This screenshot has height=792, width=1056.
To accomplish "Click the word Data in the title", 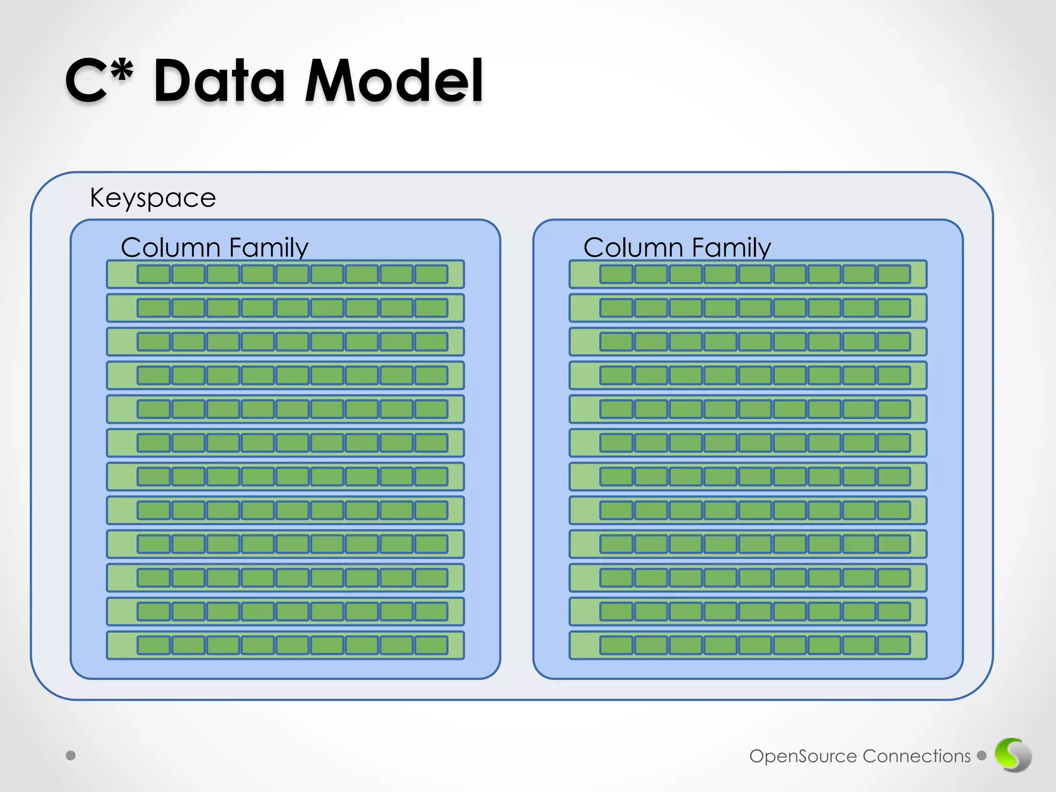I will pos(219,81).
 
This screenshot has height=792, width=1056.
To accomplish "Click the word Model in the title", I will pos(394,81).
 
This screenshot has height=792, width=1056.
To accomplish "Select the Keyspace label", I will pos(153,198).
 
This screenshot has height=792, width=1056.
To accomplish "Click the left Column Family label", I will pos(214,247).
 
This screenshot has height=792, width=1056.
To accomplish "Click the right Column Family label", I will pos(677,247).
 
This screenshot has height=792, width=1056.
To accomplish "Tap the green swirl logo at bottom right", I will pos(1013,755).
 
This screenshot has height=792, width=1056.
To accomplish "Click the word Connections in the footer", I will pos(916,756).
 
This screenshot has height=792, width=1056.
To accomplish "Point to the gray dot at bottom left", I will pos(71,755).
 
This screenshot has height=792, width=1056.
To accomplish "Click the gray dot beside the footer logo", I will pos(982,755).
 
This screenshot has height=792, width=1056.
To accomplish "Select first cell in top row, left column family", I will pos(154,274).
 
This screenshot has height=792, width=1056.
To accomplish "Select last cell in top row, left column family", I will pos(431,274).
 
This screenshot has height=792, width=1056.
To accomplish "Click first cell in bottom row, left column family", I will pos(154,645).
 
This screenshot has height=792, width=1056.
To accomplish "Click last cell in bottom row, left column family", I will pos(431,645).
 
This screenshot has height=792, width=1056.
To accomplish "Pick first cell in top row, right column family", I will pos(616,274).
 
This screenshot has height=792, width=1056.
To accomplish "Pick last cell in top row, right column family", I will pos(894,274).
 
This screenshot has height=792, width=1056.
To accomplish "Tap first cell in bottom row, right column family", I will pos(616,645).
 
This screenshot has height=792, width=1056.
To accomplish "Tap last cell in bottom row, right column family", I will pos(894,645).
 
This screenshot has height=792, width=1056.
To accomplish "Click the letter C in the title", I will pos(86,81).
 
